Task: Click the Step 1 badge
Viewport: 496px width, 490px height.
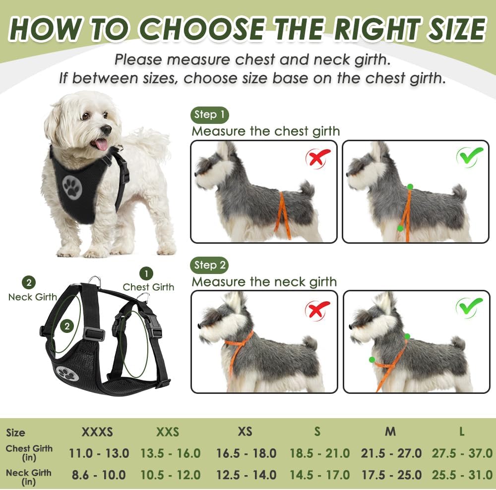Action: click(209, 115)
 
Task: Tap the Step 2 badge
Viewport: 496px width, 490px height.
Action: click(209, 265)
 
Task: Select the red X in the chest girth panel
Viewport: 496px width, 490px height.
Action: click(317, 158)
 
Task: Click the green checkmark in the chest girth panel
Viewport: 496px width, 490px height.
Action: click(469, 157)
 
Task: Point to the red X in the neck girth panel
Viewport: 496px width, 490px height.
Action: click(317, 310)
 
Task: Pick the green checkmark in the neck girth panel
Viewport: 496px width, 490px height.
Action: click(469, 308)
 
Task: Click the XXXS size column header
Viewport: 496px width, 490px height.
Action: click(97, 432)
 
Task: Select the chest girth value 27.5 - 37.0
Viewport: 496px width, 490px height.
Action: click(462, 453)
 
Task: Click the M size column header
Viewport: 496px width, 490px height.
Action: click(390, 432)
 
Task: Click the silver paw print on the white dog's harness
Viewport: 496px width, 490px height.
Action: click(72, 186)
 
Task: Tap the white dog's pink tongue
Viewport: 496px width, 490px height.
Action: click(102, 144)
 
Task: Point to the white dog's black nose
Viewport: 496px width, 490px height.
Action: click(106, 129)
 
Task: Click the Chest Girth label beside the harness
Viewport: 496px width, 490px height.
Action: click(148, 287)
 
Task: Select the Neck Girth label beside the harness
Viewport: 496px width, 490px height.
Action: click(32, 297)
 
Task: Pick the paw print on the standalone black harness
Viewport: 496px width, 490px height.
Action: click(68, 373)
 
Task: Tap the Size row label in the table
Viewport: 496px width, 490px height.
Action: click(16, 433)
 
